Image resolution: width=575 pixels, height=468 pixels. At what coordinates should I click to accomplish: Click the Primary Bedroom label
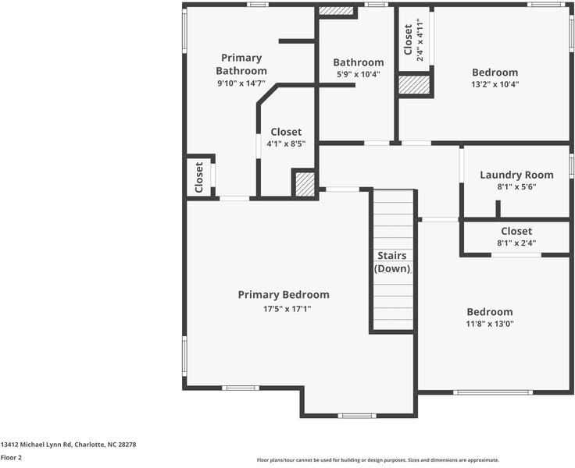click(283, 295)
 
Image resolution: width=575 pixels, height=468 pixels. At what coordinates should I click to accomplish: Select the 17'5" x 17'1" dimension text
click(283, 309)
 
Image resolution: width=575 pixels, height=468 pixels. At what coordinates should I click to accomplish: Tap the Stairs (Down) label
click(391, 262)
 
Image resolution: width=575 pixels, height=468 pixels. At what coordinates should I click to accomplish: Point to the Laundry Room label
click(516, 175)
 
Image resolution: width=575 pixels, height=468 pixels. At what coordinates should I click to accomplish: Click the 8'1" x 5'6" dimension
click(516, 187)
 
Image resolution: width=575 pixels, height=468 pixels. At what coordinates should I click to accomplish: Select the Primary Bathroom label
click(241, 64)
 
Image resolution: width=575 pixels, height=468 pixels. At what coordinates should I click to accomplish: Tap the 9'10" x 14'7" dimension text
click(241, 82)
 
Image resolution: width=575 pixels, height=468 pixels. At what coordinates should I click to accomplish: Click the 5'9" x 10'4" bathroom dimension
click(358, 75)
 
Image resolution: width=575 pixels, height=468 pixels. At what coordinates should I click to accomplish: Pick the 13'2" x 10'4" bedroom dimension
click(495, 84)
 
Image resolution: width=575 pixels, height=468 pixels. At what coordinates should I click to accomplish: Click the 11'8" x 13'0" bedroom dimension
click(490, 324)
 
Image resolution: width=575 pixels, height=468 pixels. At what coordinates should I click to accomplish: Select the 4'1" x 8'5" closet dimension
click(286, 144)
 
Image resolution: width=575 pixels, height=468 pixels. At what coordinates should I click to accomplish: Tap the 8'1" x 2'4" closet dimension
click(516, 243)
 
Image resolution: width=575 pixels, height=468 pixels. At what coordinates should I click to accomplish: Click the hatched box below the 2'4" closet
click(414, 85)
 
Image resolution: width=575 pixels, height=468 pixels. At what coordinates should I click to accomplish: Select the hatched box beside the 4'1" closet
click(304, 185)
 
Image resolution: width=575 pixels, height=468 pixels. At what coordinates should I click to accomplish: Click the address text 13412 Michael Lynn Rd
click(68, 445)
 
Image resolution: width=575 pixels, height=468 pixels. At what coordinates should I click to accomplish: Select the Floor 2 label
click(11, 458)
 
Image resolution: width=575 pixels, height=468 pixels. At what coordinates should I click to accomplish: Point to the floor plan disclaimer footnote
click(377, 460)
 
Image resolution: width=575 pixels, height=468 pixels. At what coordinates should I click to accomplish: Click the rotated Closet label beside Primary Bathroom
click(199, 177)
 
